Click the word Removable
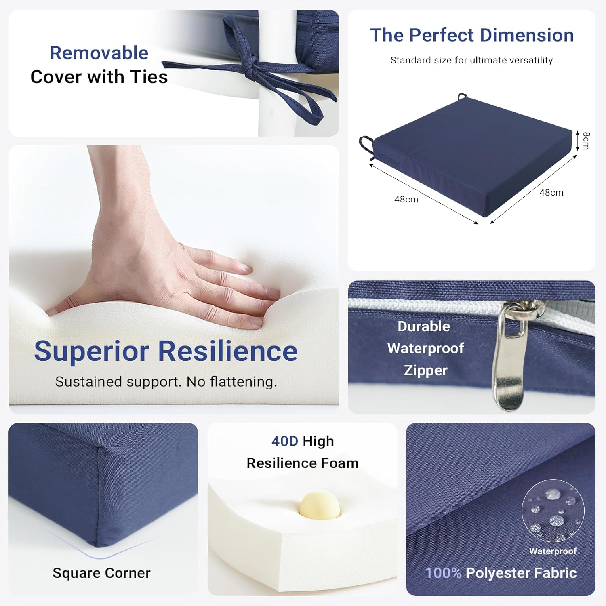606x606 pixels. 99,53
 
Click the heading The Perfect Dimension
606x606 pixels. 472,35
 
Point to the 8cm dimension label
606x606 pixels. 586,140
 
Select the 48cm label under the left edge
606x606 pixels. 406,200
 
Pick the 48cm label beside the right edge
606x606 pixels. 551,193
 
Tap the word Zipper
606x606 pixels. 425,370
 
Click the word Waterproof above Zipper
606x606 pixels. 425,348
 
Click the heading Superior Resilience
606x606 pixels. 166,351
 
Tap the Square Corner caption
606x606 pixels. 101,573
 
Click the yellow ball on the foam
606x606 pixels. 320,505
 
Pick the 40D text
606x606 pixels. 285,441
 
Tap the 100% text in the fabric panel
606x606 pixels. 443,573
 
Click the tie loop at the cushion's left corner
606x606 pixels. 366,145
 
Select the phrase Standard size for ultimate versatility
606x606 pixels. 471,60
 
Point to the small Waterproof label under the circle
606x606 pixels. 553,551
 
